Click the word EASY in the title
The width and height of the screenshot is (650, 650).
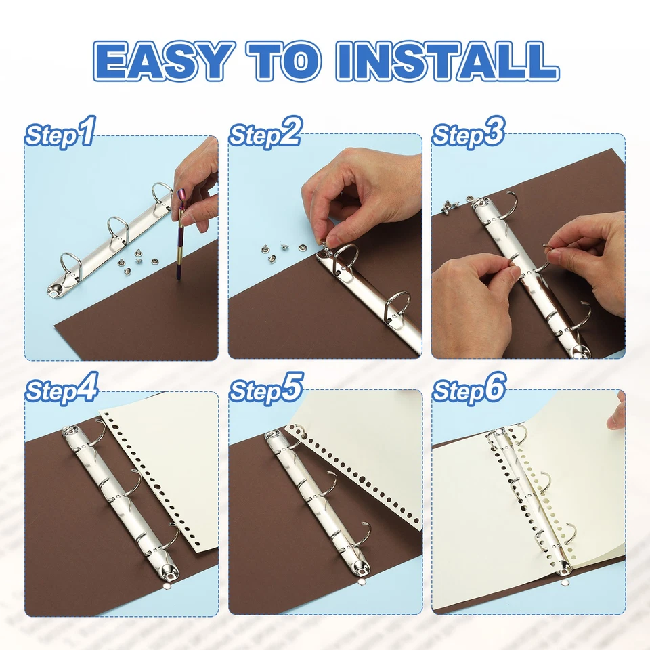[x=162, y=62]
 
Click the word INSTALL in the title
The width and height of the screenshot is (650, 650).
[x=447, y=62]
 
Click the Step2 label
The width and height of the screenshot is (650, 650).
[x=265, y=134]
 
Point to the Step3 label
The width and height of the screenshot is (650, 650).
[x=468, y=134]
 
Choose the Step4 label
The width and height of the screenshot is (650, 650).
[x=61, y=391]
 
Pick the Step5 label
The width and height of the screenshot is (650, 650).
[x=265, y=391]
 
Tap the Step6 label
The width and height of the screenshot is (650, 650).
[x=468, y=391]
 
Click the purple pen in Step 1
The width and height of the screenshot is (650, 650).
[x=180, y=237]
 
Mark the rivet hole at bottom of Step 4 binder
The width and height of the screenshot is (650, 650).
[x=166, y=586]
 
